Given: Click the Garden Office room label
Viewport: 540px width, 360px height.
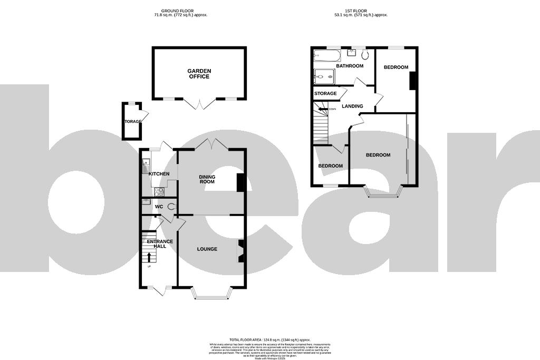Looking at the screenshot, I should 199,73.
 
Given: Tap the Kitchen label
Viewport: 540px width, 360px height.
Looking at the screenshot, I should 159,174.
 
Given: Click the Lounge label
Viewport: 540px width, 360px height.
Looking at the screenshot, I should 207,249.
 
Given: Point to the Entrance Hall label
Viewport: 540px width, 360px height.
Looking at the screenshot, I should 160,244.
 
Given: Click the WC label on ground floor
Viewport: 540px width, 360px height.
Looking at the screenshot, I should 158,207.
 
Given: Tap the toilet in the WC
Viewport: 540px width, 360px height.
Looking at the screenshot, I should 170,207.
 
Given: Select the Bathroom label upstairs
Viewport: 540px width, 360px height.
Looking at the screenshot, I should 350,66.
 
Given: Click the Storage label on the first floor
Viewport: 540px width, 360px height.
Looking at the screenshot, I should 325,93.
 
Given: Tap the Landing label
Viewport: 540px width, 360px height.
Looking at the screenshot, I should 352,106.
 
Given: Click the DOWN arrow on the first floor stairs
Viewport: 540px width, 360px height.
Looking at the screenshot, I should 323,109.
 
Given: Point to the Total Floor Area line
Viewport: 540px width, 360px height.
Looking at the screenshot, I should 269,340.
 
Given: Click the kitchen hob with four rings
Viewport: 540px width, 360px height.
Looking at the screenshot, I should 159,192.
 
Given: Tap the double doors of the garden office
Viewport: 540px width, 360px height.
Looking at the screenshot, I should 199,104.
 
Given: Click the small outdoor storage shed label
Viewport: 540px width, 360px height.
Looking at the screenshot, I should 132,122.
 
